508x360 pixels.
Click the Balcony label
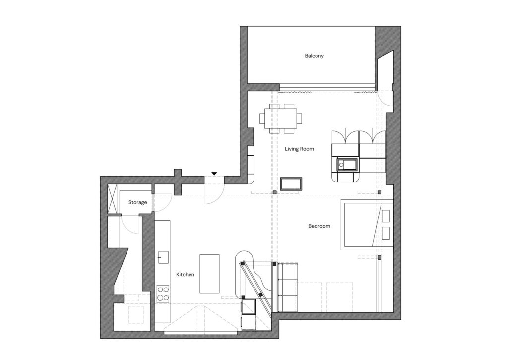click(x=314, y=56)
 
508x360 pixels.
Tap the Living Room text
click(x=299, y=149)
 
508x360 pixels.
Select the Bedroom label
click(x=319, y=226)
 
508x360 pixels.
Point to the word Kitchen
click(x=185, y=275)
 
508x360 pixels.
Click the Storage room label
click(x=138, y=202)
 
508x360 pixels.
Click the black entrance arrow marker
click(x=214, y=174)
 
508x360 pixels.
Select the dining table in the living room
click(x=281, y=118)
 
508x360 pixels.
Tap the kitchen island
click(x=209, y=274)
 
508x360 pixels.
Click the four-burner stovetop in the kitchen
click(x=163, y=294)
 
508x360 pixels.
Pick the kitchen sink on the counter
click(x=163, y=257)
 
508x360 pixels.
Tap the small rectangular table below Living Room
click(x=291, y=184)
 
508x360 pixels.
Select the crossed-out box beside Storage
click(x=112, y=199)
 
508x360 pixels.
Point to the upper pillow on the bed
click(x=386, y=216)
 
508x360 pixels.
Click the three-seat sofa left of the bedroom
click(x=288, y=288)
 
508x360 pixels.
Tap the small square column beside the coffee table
click(x=274, y=192)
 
